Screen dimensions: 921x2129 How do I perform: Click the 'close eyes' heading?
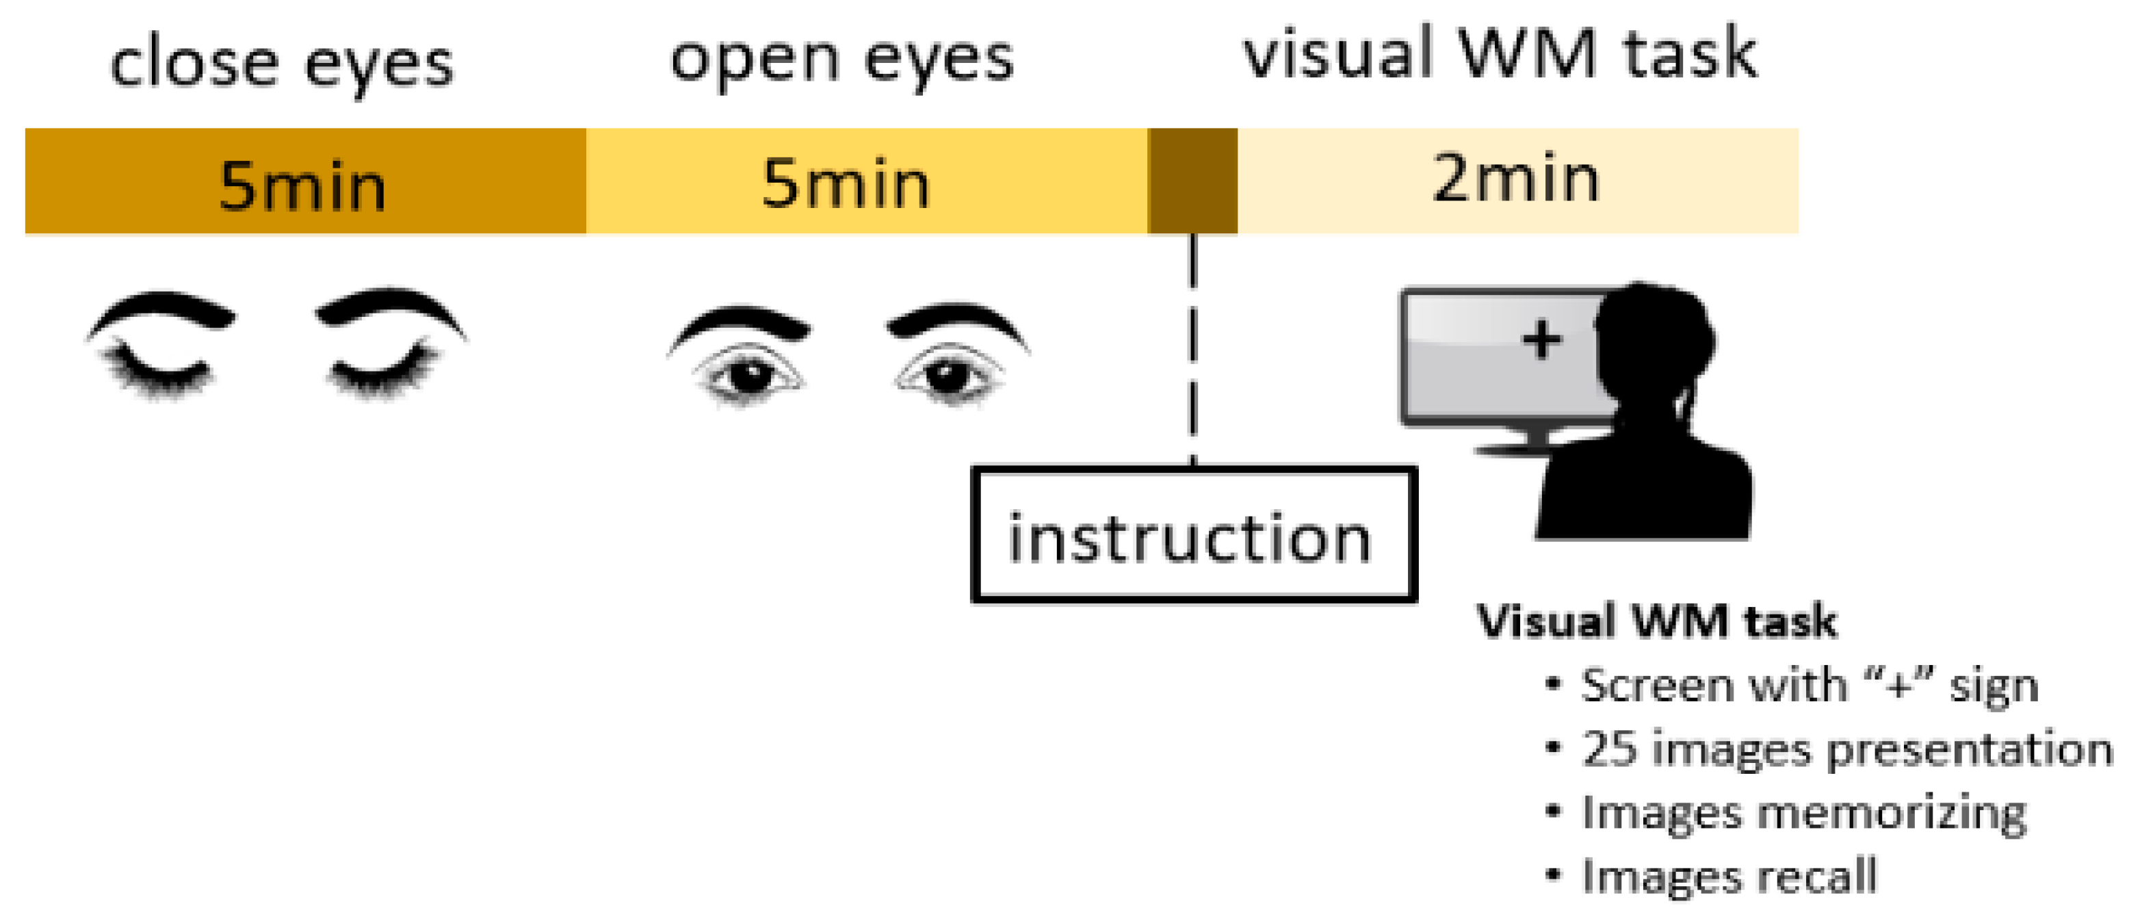[x=282, y=64]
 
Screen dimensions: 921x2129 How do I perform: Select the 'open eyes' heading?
[x=841, y=60]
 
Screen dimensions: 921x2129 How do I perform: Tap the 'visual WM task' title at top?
[x=1500, y=55]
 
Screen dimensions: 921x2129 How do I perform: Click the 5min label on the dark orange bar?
[x=302, y=185]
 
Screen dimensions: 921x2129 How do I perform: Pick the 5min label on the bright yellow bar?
[x=846, y=183]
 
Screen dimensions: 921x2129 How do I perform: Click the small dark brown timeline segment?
[x=1192, y=180]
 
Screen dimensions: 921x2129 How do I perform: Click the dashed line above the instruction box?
[x=1192, y=347]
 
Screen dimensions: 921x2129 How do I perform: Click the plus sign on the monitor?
[x=1541, y=340]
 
